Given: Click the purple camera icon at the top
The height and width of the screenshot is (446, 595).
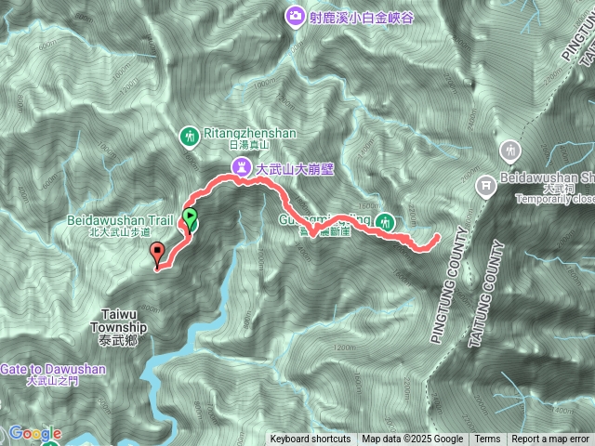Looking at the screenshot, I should [295, 15].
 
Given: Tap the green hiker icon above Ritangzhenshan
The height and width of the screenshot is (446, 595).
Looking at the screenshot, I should [191, 138].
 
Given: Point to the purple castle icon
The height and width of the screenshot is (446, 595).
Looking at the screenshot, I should [241, 168].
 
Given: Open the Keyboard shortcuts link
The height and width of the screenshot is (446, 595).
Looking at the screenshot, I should [311, 439].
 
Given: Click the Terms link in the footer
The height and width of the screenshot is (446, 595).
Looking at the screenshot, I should [487, 439].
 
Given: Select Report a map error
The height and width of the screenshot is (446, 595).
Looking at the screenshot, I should [551, 439].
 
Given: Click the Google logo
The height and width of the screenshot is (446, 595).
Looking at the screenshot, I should [35, 434].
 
